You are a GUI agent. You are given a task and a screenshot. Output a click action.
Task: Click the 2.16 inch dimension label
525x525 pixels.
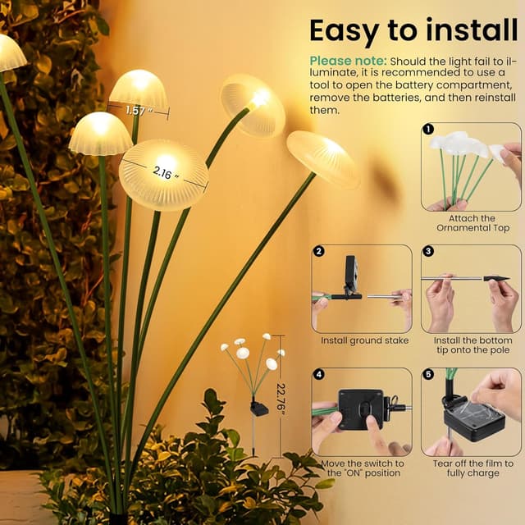point(163,175)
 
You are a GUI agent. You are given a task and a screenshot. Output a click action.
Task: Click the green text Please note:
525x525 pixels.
point(348,62)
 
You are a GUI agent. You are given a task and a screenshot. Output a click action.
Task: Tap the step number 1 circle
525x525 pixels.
point(428,130)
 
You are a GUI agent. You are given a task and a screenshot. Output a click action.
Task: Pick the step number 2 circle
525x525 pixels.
point(319,252)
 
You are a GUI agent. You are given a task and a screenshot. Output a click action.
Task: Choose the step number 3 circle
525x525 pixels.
point(428,252)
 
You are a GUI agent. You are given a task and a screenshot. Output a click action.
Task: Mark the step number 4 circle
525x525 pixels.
point(319,374)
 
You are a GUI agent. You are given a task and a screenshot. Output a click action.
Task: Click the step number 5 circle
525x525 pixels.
point(428,374)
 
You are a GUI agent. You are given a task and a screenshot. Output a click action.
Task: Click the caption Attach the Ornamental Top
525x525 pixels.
point(466,223)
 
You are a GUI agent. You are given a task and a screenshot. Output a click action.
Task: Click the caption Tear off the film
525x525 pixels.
point(471,468)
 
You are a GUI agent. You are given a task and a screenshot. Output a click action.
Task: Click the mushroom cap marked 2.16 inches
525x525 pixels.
point(163,174)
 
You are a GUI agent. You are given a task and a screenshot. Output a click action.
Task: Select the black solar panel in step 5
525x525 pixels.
point(475,421)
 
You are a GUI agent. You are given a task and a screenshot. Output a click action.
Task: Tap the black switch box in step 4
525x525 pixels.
point(360,409)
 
